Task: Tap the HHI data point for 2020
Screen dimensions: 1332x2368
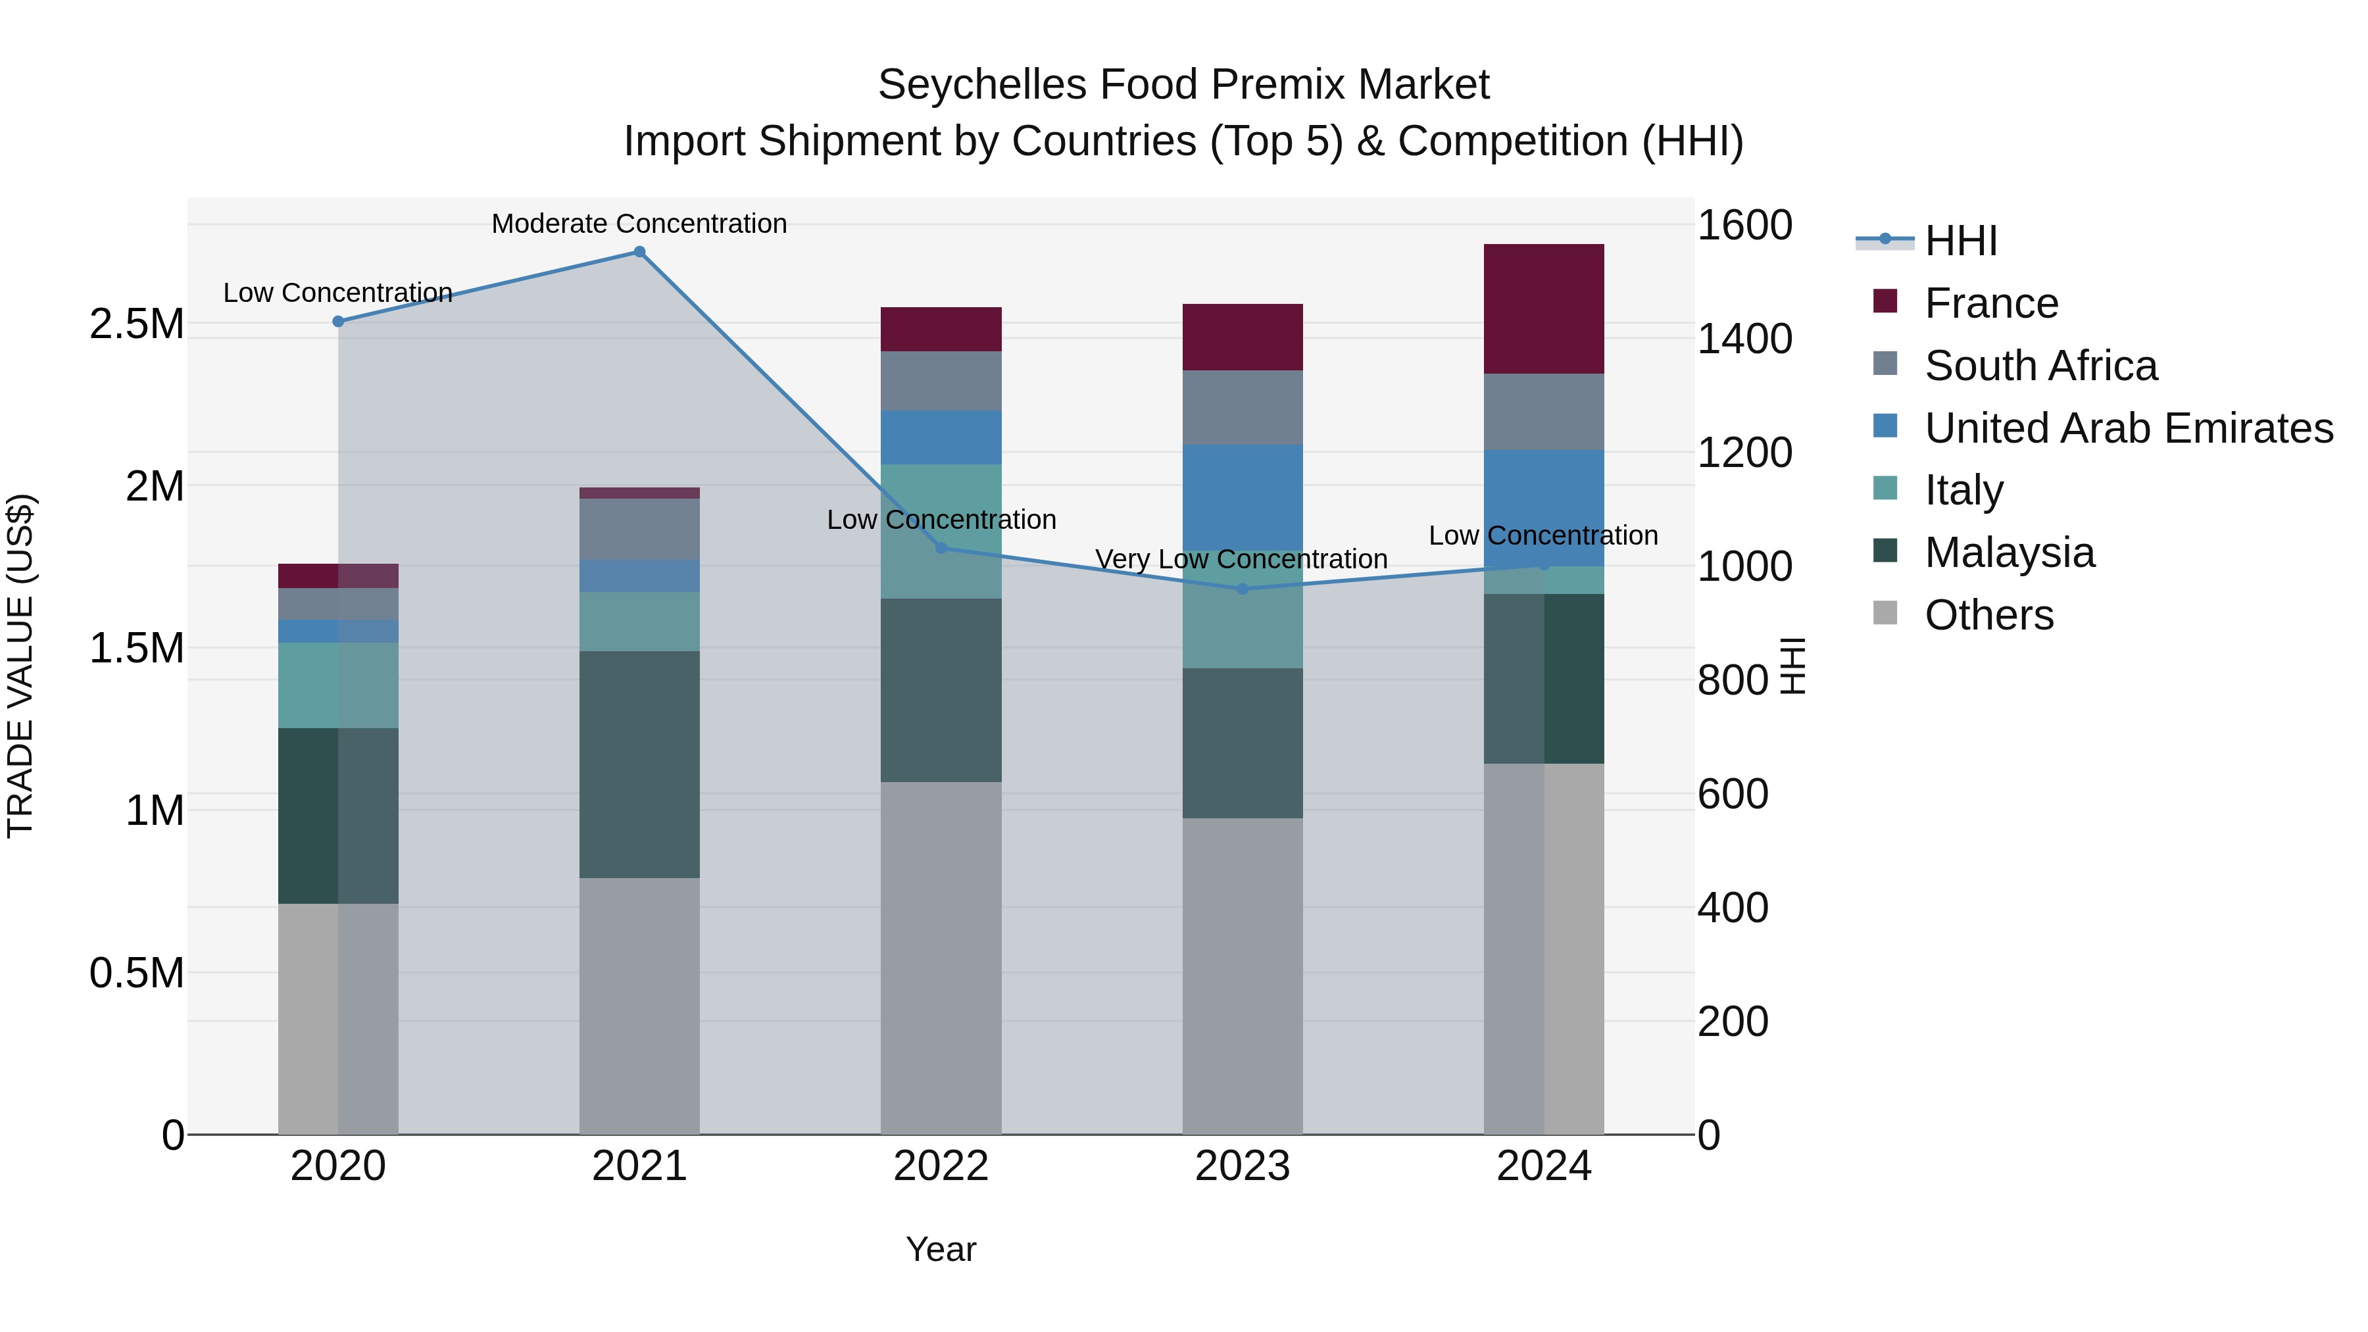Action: pos(338,322)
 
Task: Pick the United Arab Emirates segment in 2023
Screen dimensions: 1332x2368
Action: pos(1242,497)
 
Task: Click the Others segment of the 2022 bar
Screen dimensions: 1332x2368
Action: pos(941,958)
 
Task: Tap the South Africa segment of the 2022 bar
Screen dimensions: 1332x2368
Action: pos(941,381)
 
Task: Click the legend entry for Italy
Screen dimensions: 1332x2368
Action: pos(1963,491)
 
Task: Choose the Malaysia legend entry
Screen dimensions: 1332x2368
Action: pos(2010,553)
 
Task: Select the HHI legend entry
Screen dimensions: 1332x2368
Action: pos(1960,241)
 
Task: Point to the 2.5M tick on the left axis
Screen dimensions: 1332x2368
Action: pos(137,324)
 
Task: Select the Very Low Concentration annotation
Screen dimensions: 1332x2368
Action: pos(1241,559)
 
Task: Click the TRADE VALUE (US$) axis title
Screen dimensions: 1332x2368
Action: pos(20,666)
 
